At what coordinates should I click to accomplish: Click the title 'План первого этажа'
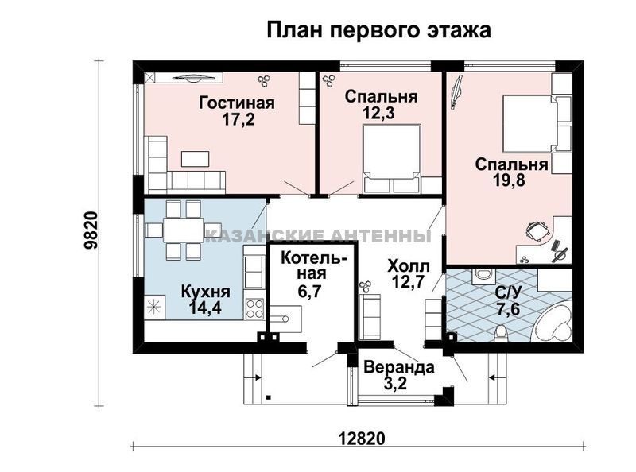point(378,30)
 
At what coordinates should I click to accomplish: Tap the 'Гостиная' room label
point(237,103)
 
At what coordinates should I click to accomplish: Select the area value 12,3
point(379,114)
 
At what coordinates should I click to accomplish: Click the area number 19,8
point(510,180)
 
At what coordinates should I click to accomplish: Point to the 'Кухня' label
point(205,292)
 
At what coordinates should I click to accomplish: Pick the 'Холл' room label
point(409,266)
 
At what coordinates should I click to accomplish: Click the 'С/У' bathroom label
point(508,292)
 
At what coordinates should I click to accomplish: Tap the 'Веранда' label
point(399,367)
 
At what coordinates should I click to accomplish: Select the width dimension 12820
point(361,439)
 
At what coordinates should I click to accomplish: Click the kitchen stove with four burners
point(254,309)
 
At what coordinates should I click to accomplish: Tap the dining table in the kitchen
point(184,230)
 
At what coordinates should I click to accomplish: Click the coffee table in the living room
point(195,159)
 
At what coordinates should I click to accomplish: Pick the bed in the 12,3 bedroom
point(391,159)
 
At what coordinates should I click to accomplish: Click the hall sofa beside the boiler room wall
point(370,317)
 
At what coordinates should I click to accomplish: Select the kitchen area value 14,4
point(205,308)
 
